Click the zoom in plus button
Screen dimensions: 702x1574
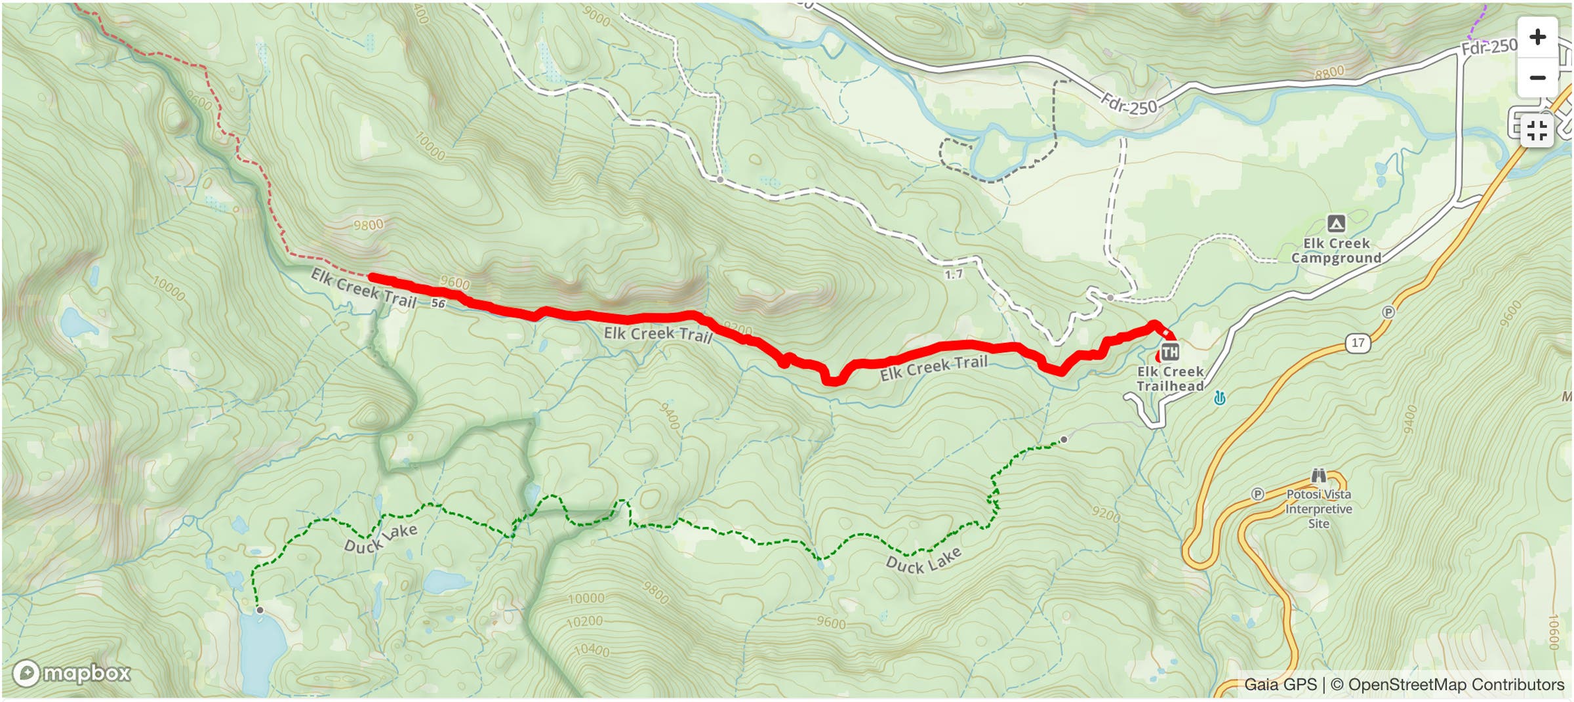[x=1537, y=37]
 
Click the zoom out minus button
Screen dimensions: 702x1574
[x=1537, y=77]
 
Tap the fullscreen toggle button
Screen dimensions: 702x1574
[x=1537, y=131]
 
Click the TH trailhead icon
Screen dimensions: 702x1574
[x=1169, y=352]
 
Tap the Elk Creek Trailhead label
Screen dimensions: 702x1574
[x=1170, y=379]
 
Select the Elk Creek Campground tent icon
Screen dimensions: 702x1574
[x=1336, y=224]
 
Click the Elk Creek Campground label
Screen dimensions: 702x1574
[x=1336, y=251]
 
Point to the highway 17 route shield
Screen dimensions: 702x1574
[x=1358, y=342]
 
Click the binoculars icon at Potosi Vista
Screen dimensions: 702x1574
[x=1318, y=476]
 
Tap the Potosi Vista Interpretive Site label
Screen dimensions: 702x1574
[x=1318, y=508]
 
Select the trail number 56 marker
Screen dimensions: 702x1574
[x=438, y=304]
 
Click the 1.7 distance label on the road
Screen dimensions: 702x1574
[x=954, y=274]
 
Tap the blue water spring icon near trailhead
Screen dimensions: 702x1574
[x=1219, y=398]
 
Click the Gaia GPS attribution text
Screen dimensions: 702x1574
[x=1280, y=684]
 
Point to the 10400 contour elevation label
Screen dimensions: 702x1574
[x=592, y=650]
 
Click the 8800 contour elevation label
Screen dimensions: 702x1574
[x=1329, y=73]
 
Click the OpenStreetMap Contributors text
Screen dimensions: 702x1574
[x=1456, y=684]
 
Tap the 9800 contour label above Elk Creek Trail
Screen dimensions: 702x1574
[x=368, y=225]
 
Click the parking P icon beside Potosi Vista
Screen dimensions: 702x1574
[x=1257, y=494]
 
